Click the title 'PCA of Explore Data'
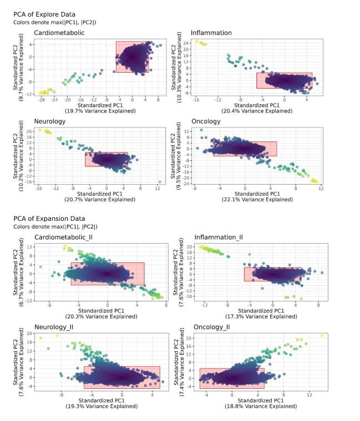44,14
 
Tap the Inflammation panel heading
211,33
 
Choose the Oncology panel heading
206,121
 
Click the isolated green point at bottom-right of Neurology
160,181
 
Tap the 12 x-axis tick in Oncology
321,188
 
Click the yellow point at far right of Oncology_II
322,336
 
